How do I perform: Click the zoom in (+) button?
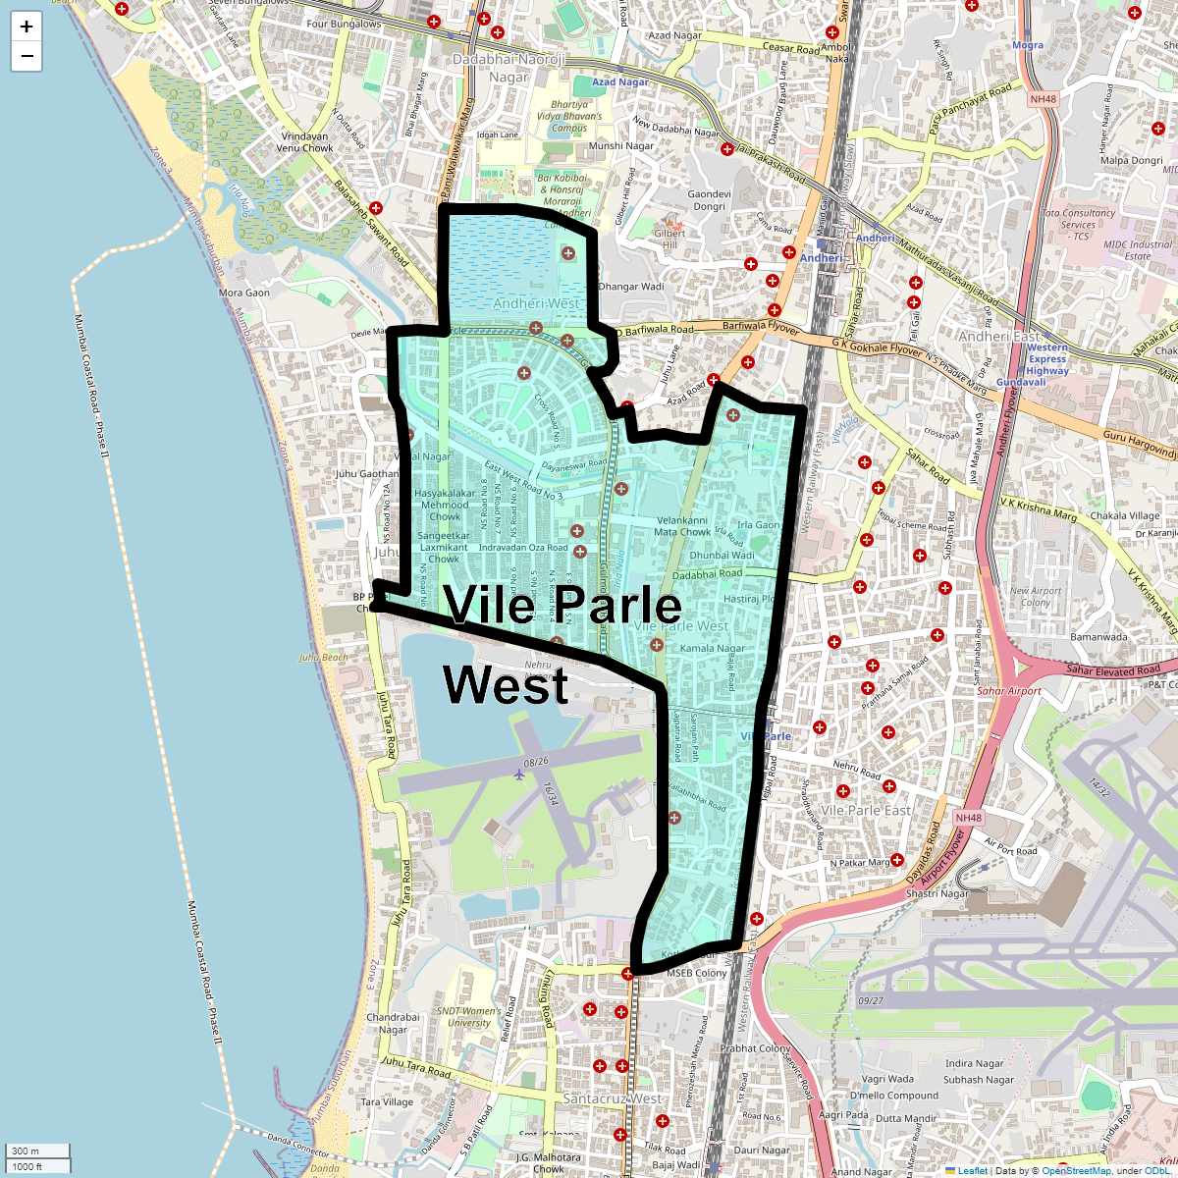pyautogui.click(x=27, y=27)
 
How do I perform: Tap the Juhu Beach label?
pyautogui.click(x=323, y=658)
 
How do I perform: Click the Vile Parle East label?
pyautogui.click(x=866, y=811)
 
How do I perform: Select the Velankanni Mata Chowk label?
pyautogui.click(x=682, y=526)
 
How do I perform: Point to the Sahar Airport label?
pyautogui.click(x=1009, y=691)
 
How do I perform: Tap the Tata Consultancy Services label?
pyautogui.click(x=1078, y=224)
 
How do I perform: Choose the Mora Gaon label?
pyautogui.click(x=244, y=293)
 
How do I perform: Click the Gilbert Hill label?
pyautogui.click(x=669, y=240)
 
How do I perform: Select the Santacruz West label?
pyautogui.click(x=613, y=1098)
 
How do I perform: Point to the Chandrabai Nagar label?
pyautogui.click(x=393, y=1024)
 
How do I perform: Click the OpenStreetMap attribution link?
pyautogui.click(x=1076, y=1170)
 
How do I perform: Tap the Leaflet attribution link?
pyautogui.click(x=973, y=1170)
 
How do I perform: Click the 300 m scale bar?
pyautogui.click(x=37, y=1151)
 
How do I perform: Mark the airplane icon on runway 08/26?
pyautogui.click(x=519, y=775)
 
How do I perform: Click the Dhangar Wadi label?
pyautogui.click(x=631, y=287)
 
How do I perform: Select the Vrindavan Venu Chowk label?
pyautogui.click(x=304, y=142)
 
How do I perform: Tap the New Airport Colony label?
pyautogui.click(x=1036, y=597)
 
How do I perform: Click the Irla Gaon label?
pyautogui.click(x=759, y=525)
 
